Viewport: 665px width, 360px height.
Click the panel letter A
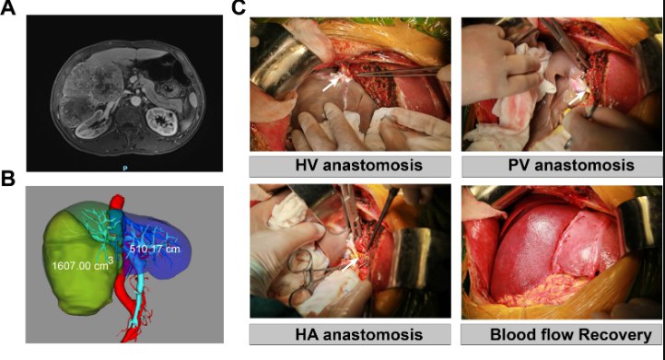tap(7, 7)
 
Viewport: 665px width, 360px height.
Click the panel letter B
tap(7, 180)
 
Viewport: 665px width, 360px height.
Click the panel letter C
tap(239, 7)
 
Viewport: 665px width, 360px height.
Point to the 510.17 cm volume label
tap(155, 249)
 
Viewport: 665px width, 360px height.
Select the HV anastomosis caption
tap(359, 165)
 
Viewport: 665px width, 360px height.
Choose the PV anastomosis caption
tap(571, 165)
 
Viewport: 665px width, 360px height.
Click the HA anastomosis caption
tap(359, 334)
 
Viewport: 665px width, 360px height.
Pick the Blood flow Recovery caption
tap(571, 334)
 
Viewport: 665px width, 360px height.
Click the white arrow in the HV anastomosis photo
tap(330, 84)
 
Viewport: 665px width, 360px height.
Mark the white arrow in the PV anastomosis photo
tap(577, 98)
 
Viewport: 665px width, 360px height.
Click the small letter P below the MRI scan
tap(125, 168)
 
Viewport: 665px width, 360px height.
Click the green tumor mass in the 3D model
tap(80, 267)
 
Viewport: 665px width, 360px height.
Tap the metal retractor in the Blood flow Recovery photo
tap(638, 220)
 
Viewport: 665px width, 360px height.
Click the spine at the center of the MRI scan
tap(128, 119)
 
